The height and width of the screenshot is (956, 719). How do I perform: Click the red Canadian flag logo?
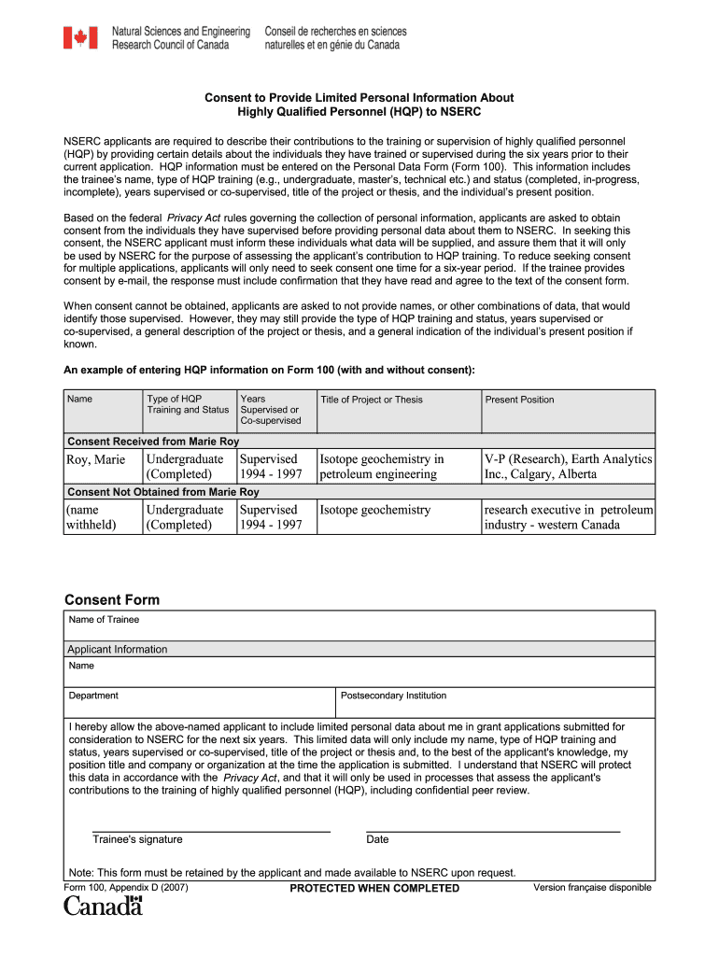pyautogui.click(x=80, y=37)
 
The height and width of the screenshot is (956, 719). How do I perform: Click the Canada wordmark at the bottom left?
pyautogui.click(x=103, y=906)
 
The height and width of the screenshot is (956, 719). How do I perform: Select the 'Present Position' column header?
pyautogui.click(x=519, y=400)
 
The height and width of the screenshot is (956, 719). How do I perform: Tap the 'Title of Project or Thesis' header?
pyautogui.click(x=371, y=400)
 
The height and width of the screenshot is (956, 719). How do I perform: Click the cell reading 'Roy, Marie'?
pyautogui.click(x=95, y=459)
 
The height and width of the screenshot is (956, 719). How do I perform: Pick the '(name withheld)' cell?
pyautogui.click(x=91, y=517)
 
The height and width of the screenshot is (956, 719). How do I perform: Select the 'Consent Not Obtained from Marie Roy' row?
pyautogui.click(x=163, y=491)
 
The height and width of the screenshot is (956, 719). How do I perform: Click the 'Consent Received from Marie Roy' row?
pyautogui.click(x=153, y=441)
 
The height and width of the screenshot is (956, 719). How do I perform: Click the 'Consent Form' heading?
pyautogui.click(x=112, y=599)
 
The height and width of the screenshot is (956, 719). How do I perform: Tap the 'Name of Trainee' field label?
pyautogui.click(x=104, y=619)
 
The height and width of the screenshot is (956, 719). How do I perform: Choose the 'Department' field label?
pyautogui.click(x=93, y=696)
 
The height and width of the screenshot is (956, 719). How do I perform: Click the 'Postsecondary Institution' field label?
pyautogui.click(x=393, y=696)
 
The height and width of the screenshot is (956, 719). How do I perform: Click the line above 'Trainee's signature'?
pyautogui.click(x=211, y=830)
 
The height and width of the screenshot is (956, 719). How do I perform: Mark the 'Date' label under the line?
pyautogui.click(x=377, y=839)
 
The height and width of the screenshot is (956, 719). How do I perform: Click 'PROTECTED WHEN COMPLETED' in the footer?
pyautogui.click(x=374, y=888)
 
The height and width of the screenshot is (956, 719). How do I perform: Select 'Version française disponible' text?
pyautogui.click(x=592, y=887)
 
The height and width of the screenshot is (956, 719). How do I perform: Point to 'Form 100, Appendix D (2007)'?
pyautogui.click(x=126, y=887)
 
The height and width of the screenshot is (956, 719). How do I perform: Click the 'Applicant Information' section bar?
pyautogui.click(x=118, y=649)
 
